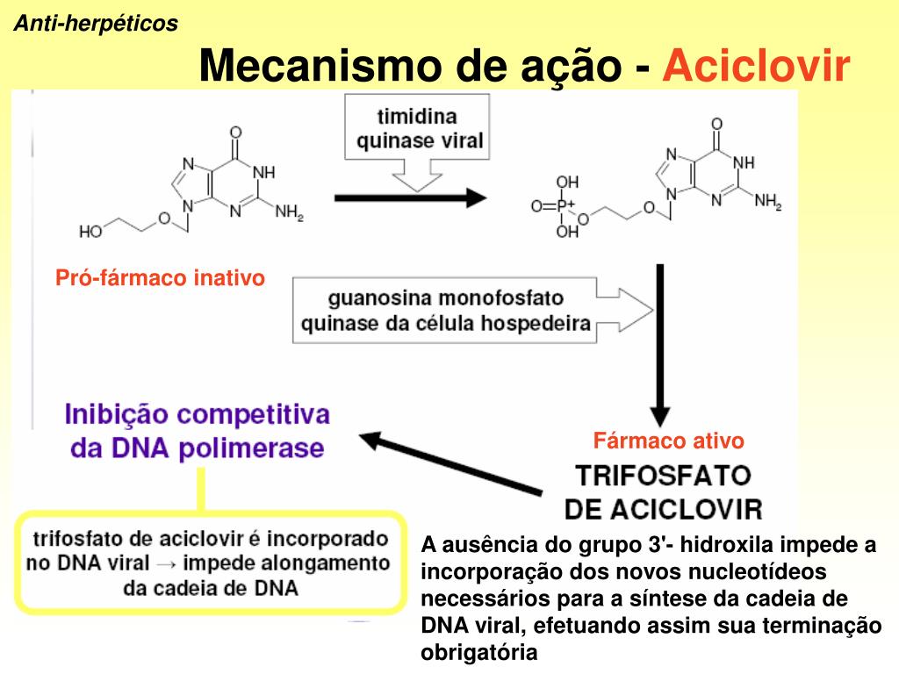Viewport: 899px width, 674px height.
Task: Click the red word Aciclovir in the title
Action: pyautogui.click(x=757, y=66)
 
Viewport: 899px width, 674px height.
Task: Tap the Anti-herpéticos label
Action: pyautogui.click(x=96, y=24)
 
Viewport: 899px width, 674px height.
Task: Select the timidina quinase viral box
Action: pyautogui.click(x=419, y=129)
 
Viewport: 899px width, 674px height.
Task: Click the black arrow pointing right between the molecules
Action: pyautogui.click(x=410, y=197)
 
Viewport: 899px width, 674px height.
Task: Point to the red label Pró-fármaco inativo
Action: pyautogui.click(x=161, y=278)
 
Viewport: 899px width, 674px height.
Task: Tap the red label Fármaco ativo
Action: pyautogui.click(x=668, y=440)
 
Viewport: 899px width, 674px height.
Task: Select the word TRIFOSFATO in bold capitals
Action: pyautogui.click(x=663, y=477)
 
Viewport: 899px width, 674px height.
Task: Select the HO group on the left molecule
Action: pyautogui.click(x=90, y=233)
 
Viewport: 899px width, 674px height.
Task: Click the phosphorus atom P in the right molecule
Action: pyautogui.click(x=564, y=206)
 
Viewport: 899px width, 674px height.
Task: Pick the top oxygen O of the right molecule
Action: pyautogui.click(x=716, y=124)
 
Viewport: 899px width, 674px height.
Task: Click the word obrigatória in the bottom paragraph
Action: pyautogui.click(x=478, y=652)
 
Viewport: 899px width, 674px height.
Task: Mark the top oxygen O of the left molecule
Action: pyautogui.click(x=235, y=133)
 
